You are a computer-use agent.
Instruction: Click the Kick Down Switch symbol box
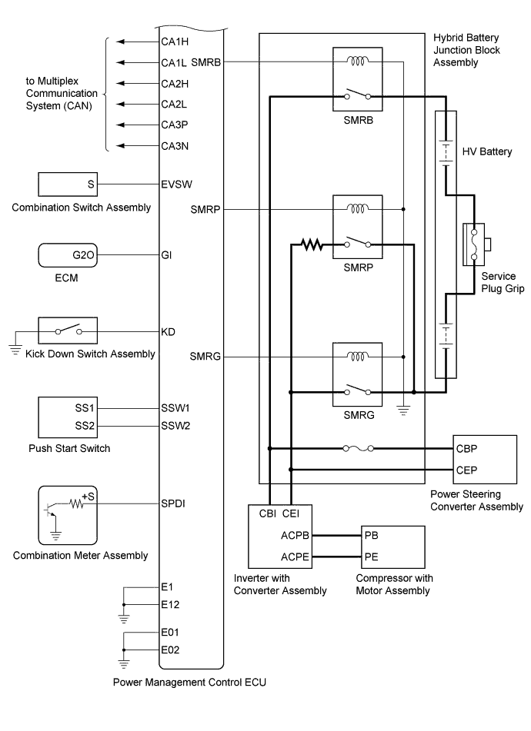point(68,331)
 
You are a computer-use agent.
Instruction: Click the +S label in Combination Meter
point(88,497)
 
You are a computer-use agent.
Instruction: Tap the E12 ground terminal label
point(172,603)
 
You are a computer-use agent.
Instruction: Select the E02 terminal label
point(172,650)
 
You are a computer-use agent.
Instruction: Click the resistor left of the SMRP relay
point(311,245)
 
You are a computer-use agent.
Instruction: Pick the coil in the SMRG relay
point(357,357)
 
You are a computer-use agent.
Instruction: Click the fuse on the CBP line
point(356,447)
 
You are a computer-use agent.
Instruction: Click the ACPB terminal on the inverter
point(274,535)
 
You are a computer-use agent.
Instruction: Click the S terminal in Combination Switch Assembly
point(91,185)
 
